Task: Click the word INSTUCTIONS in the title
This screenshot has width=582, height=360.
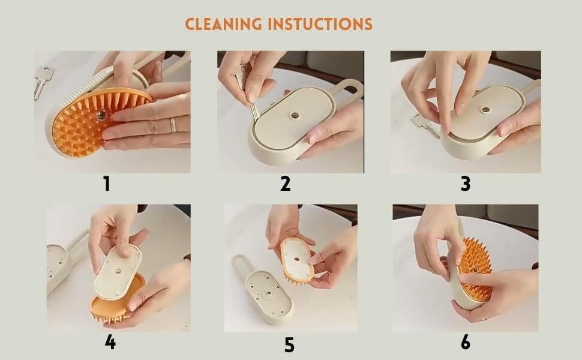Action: tap(320, 24)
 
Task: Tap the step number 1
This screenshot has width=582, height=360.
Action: tap(107, 184)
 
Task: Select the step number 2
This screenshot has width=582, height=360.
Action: tap(285, 184)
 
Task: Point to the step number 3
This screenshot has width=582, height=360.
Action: tap(466, 184)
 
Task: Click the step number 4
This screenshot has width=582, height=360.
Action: tap(110, 342)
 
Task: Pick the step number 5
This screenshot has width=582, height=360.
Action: tap(289, 345)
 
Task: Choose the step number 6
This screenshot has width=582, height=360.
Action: tap(466, 342)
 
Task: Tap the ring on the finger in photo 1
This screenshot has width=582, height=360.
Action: tap(173, 125)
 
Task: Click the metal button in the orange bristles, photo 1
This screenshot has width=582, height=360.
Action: tap(101, 115)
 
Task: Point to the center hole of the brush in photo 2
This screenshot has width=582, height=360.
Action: tap(295, 115)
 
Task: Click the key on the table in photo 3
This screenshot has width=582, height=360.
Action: tap(425, 126)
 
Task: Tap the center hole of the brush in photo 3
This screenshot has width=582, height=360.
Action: tap(485, 109)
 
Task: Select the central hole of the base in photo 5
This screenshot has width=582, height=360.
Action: tap(268, 295)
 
